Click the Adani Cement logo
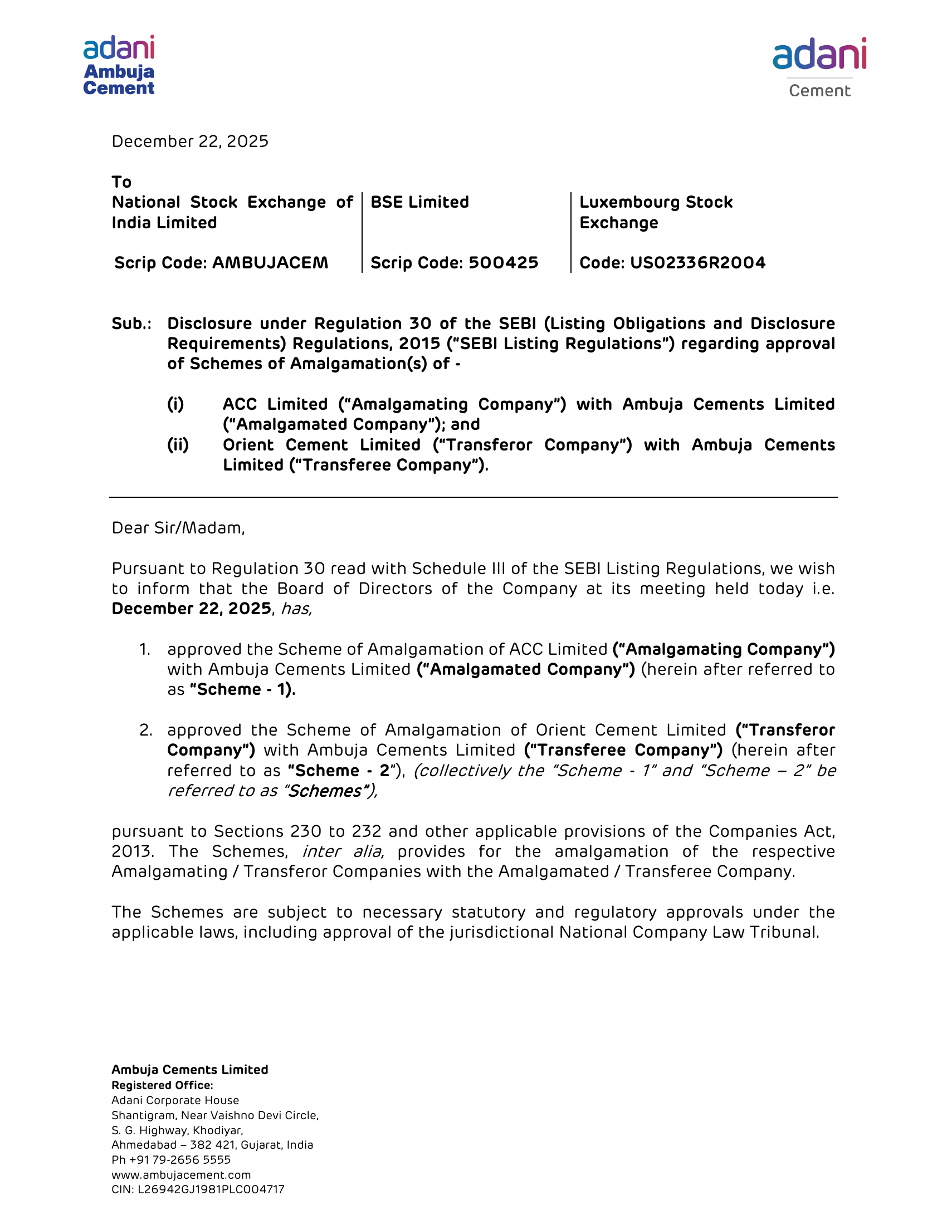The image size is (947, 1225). (x=819, y=67)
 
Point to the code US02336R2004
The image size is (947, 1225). (x=697, y=262)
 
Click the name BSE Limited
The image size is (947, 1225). (x=419, y=202)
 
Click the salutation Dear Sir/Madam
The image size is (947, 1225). (x=178, y=528)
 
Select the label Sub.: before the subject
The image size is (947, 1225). (x=131, y=324)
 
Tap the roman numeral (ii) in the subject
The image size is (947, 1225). (x=178, y=445)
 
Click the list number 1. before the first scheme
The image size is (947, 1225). (x=145, y=649)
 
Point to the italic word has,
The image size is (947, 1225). (x=296, y=609)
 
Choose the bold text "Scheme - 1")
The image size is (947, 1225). (x=242, y=689)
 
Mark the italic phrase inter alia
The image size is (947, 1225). (x=343, y=851)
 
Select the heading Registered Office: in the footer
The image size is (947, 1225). (x=162, y=1085)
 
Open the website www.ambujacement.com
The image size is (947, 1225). (x=181, y=1175)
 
